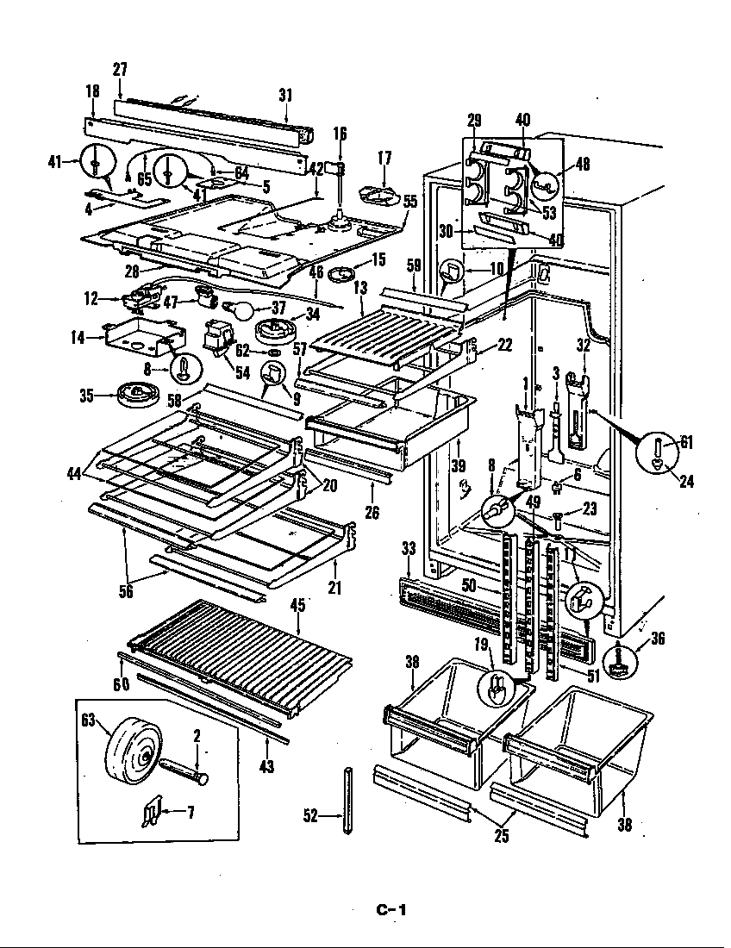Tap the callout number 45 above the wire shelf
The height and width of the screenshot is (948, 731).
[x=297, y=605]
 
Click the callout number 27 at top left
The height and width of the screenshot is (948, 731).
[x=119, y=69]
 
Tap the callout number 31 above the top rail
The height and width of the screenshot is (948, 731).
[x=285, y=96]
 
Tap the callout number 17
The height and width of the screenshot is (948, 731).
[x=384, y=158]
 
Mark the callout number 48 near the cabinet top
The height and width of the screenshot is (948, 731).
[x=583, y=164]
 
